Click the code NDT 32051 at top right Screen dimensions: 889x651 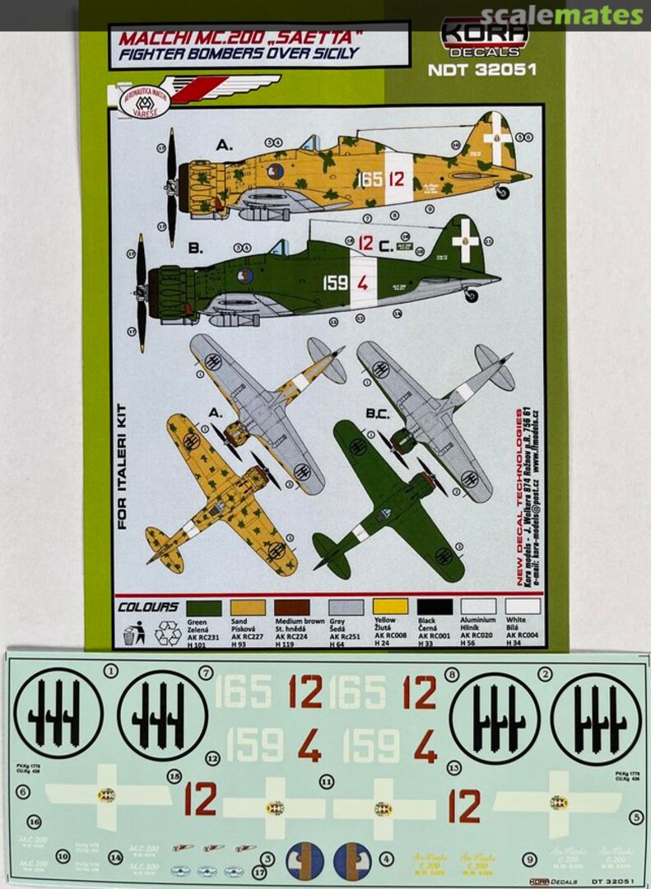[x=481, y=70]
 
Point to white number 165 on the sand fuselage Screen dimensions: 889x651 [x=369, y=179]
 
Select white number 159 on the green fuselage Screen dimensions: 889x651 [x=335, y=283]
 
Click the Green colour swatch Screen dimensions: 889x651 [x=203, y=607]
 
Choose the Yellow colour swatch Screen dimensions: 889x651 [x=390, y=607]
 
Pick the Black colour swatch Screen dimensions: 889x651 [x=435, y=607]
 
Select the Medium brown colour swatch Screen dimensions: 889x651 [x=292, y=607]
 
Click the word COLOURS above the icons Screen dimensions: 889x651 [x=148, y=607]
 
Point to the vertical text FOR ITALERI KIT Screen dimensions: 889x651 [x=122, y=469]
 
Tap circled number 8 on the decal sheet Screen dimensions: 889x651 [x=451, y=675]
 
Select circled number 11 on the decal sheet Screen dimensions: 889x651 [x=327, y=780]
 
